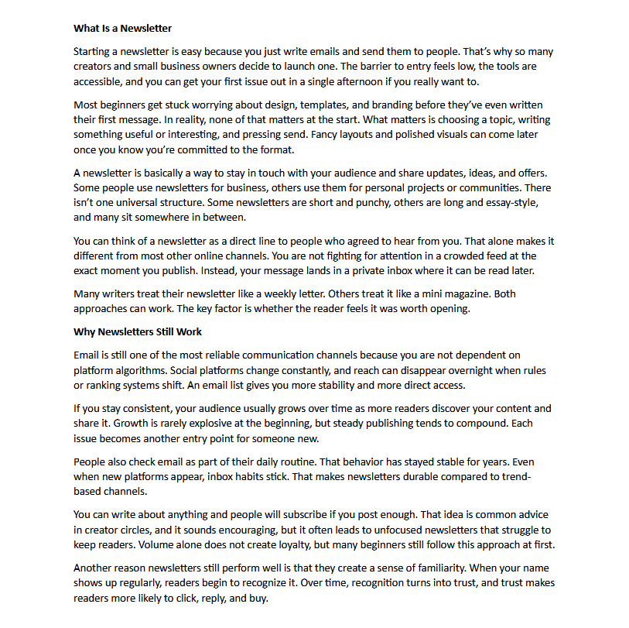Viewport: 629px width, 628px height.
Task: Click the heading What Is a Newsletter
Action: click(x=122, y=29)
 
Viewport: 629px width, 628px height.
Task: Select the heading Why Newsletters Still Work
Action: click(x=138, y=331)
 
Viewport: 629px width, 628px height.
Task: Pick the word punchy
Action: click(x=422, y=202)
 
